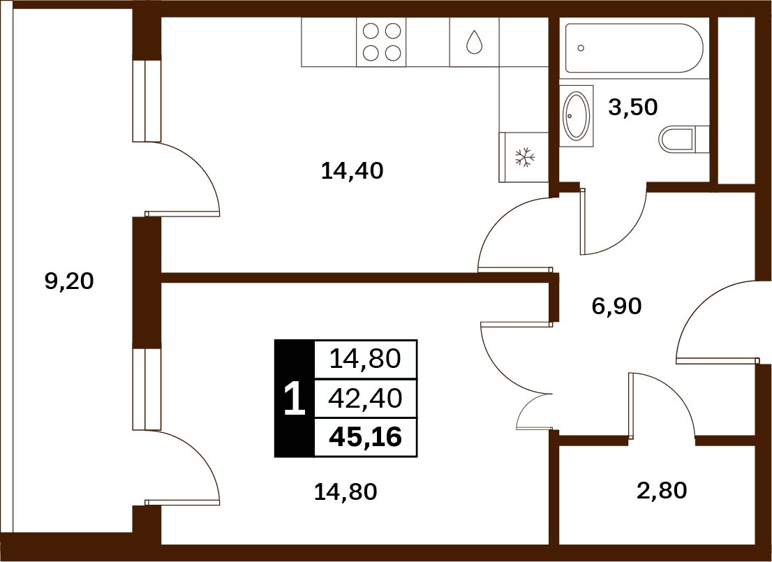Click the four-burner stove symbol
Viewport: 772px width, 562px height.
pyautogui.click(x=382, y=42)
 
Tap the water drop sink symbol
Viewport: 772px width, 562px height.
pyautogui.click(x=474, y=42)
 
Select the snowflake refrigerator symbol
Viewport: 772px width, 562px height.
pyautogui.click(x=526, y=157)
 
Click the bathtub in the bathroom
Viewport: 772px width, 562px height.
pyautogui.click(x=634, y=48)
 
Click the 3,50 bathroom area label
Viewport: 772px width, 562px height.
pyautogui.click(x=633, y=107)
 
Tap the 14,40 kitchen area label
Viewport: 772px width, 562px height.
pyautogui.click(x=352, y=171)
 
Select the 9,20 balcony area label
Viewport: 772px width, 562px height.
pyautogui.click(x=69, y=281)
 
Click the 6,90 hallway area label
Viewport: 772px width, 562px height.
pyautogui.click(x=617, y=306)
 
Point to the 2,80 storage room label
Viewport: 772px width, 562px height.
pyautogui.click(x=662, y=491)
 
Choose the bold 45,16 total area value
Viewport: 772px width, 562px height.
pyautogui.click(x=366, y=437)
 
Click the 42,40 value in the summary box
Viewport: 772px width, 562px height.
pyautogui.click(x=365, y=398)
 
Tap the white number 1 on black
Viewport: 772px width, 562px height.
pyautogui.click(x=295, y=400)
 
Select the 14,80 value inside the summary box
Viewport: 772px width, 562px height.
pyautogui.click(x=365, y=359)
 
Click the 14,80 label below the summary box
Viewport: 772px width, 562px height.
pyautogui.click(x=346, y=491)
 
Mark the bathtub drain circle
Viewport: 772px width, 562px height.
pyautogui.click(x=581, y=47)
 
